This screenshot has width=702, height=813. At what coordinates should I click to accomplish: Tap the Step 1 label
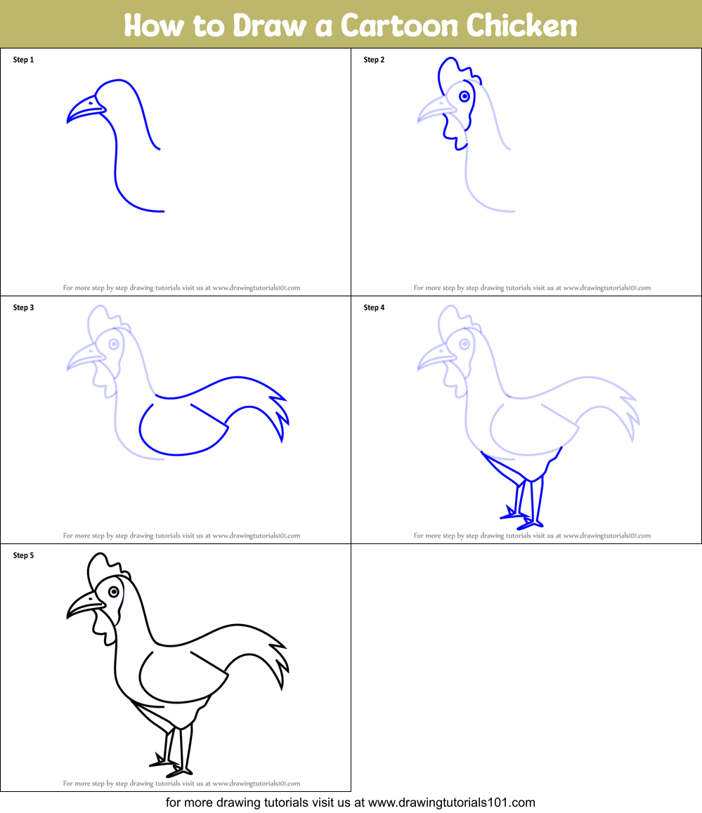click(23, 60)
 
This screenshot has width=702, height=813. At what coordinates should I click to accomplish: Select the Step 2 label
click(374, 60)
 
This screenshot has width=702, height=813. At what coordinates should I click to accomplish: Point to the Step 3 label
click(23, 308)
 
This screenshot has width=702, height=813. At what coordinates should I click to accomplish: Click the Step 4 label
click(374, 308)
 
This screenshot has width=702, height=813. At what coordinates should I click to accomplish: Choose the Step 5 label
click(23, 555)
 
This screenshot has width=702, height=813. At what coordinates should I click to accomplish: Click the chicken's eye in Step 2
click(464, 96)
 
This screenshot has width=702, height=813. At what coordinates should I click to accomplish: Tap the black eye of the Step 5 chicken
click(113, 592)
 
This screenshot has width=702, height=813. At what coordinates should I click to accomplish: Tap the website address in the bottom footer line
click(452, 802)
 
